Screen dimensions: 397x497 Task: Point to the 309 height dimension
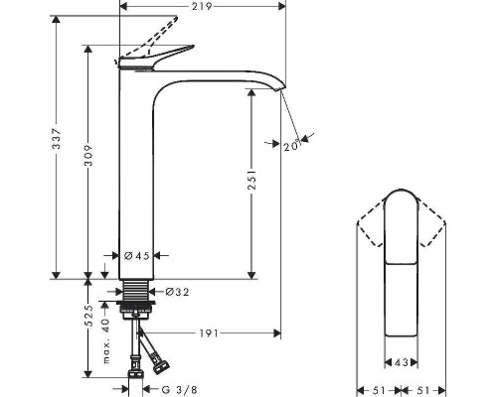click(x=88, y=163)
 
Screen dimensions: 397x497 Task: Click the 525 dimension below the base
click(x=88, y=316)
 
